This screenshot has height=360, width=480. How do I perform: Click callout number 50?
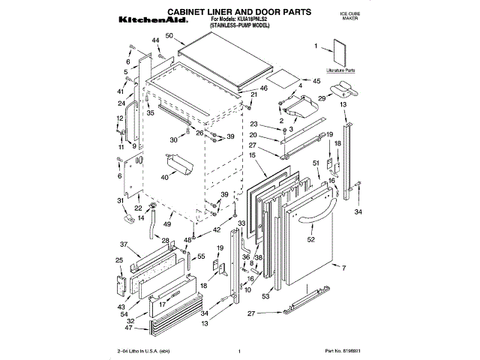point(169,36)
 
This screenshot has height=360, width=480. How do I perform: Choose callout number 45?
point(316,80)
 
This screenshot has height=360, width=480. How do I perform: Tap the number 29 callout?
point(321,98)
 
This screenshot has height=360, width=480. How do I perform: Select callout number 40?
point(164,178)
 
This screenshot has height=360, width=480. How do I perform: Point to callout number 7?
point(343,268)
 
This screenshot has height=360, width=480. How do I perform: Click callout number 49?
point(168,224)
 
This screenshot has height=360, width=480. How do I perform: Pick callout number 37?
point(124,244)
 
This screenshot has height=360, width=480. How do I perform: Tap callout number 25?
point(118,260)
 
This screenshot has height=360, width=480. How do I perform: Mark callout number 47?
point(129,328)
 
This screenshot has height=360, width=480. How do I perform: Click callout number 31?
point(120,200)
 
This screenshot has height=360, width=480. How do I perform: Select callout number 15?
point(253,155)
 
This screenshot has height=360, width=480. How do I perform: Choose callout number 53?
point(265,296)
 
